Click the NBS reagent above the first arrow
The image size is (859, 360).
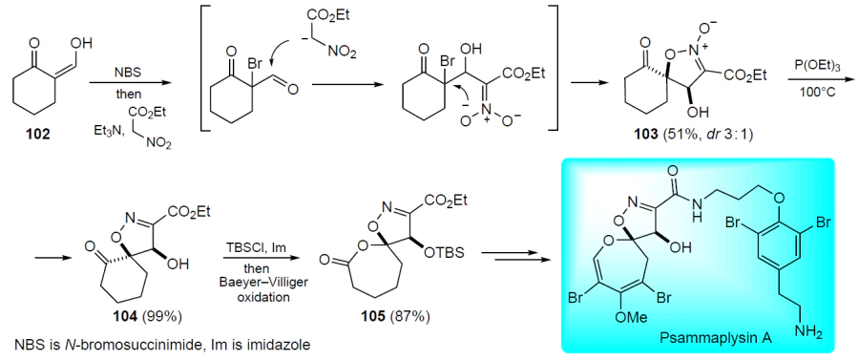129,73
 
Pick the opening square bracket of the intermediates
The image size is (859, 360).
204,68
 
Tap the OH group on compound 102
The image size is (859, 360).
83,42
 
